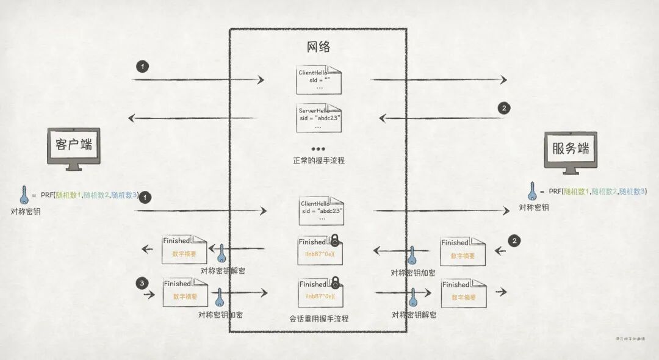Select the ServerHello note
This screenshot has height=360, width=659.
click(319, 118)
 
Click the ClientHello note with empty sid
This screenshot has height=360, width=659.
click(319, 79)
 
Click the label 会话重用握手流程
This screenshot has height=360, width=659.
click(319, 319)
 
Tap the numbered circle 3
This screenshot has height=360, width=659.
click(143, 283)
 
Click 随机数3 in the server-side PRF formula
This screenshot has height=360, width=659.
click(632, 192)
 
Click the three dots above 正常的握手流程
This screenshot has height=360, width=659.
click(318, 149)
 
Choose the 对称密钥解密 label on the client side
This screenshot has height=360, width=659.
click(223, 270)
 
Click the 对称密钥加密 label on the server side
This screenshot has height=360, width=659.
click(413, 272)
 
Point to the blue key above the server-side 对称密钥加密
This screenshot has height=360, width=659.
click(412, 255)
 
